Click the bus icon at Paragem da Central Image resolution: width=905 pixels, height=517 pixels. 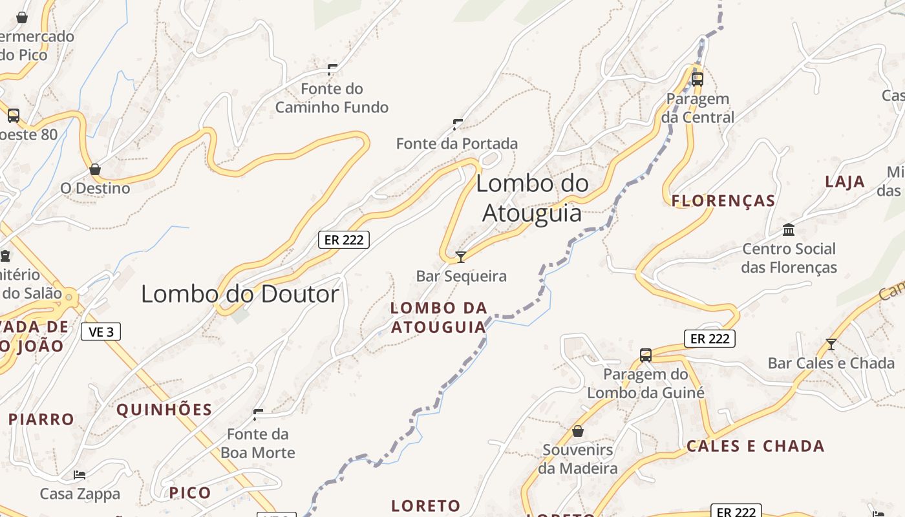[x=697, y=79]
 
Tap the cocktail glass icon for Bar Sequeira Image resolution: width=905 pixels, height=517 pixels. [x=461, y=257]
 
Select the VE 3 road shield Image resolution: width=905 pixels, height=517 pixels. [x=101, y=332]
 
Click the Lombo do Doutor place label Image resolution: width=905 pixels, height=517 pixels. [x=240, y=295]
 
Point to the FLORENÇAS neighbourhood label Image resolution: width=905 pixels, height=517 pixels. [x=723, y=201]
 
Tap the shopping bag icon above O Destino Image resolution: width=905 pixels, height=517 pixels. [x=95, y=170]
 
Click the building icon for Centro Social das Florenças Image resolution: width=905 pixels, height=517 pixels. [x=789, y=230]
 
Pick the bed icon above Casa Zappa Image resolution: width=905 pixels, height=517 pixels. [x=80, y=475]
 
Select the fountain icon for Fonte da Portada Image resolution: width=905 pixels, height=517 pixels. [x=458, y=124]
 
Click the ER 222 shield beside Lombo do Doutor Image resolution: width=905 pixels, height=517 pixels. [x=344, y=240]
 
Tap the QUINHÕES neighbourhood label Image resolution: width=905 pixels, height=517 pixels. [x=164, y=410]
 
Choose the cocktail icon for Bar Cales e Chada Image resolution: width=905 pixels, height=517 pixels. [x=831, y=344]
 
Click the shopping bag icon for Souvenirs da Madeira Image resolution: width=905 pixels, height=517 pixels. [x=578, y=431]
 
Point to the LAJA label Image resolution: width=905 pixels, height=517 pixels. [x=845, y=182]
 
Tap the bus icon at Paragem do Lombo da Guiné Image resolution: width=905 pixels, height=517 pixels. [x=646, y=355]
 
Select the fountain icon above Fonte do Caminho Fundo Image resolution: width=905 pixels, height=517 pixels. [x=332, y=69]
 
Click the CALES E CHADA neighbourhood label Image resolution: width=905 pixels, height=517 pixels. [x=756, y=446]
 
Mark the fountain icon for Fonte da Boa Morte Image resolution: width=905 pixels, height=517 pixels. [x=258, y=414]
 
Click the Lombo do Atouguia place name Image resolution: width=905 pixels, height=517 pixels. [x=533, y=198]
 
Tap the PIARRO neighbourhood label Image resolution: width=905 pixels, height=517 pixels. [x=41, y=419]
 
